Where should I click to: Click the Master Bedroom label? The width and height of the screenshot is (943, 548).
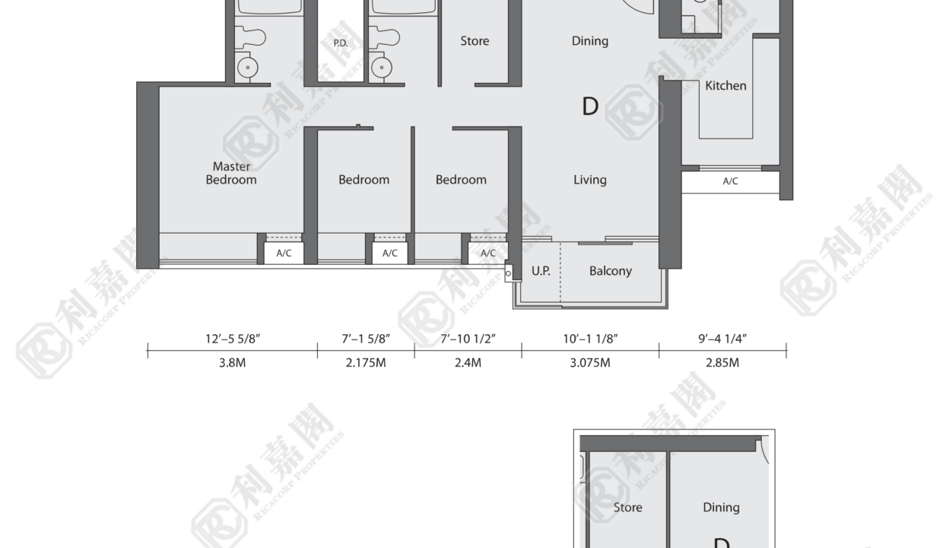point(231,173)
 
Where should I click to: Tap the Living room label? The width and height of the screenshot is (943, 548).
point(590,180)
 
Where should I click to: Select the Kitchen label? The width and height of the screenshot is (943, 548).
point(726,85)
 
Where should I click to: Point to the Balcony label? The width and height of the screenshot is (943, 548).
point(611,271)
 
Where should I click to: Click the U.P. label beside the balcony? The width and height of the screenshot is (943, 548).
point(541,271)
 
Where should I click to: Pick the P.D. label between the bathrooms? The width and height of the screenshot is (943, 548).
point(341,43)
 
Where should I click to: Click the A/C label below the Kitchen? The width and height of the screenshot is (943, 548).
point(730,181)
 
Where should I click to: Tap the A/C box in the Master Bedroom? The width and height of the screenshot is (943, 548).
point(284,253)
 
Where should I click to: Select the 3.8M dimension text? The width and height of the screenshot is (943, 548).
point(233,362)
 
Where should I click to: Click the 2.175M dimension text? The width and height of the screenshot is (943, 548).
point(366,362)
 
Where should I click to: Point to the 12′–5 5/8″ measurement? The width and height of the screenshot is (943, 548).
point(233,339)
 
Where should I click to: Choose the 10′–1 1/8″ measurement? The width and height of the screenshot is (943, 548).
point(590,339)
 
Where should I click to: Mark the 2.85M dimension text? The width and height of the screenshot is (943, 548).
point(722,362)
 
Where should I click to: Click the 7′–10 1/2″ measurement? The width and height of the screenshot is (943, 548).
point(468,339)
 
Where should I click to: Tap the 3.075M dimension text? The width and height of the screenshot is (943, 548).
point(590,362)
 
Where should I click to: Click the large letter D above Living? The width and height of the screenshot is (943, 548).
point(590,107)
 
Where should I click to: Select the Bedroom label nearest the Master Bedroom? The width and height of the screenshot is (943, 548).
point(364,180)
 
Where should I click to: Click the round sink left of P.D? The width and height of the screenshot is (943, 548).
point(248,68)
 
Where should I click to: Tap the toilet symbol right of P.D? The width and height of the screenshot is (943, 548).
point(384,37)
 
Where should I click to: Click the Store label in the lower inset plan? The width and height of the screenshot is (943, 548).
point(627,507)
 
